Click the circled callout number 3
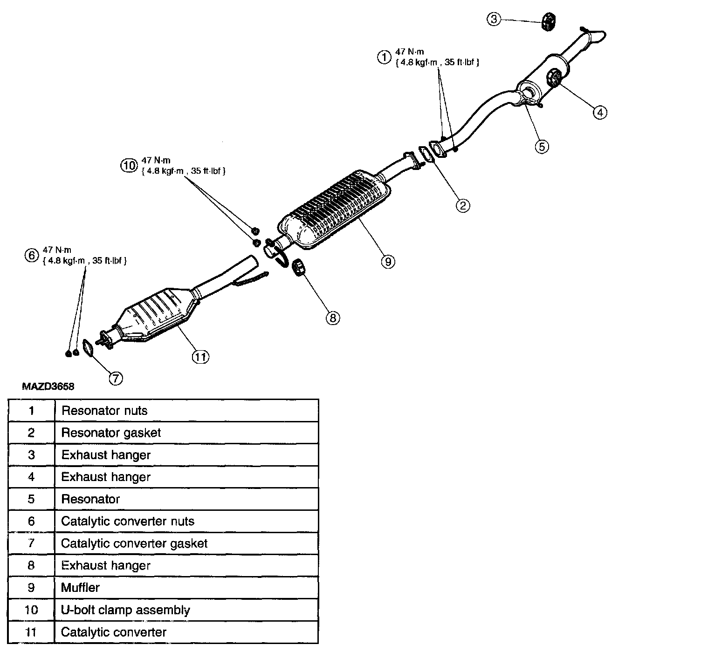tap(494, 19)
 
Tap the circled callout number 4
tap(600, 112)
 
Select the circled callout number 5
tap(541, 146)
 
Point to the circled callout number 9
tap(388, 261)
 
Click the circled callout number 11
tap(200, 357)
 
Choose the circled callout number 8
tap(333, 318)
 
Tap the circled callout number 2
tap(462, 205)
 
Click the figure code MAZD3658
tap(48, 387)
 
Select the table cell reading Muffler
tap(80, 588)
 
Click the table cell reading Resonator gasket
tap(111, 433)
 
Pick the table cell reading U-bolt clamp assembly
tap(125, 610)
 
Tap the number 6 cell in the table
tap(31, 521)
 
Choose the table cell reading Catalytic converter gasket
tap(134, 543)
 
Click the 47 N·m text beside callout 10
tap(156, 160)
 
